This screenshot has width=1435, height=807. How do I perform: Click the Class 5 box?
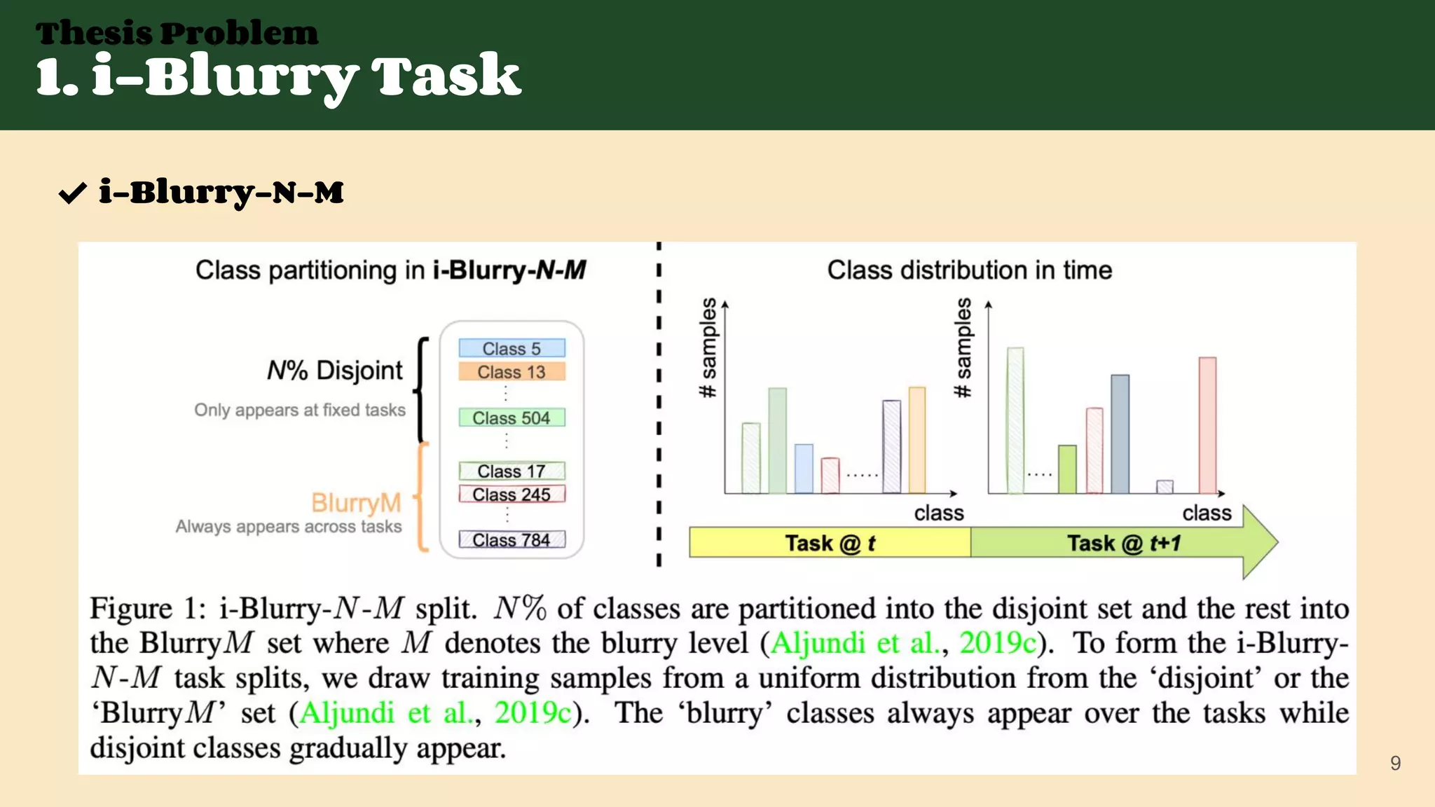(511, 348)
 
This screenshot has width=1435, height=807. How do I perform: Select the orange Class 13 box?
(511, 372)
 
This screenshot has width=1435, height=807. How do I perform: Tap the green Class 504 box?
(511, 418)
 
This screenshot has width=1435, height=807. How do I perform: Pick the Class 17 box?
(511, 471)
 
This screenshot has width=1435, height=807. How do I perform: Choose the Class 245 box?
(511, 495)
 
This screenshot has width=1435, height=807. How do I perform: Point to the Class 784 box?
(511, 540)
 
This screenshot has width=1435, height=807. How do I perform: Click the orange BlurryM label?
(356, 503)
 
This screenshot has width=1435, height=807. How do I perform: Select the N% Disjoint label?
(335, 370)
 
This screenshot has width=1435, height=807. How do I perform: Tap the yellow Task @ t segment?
(830, 543)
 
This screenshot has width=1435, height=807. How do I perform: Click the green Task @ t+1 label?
(1124, 543)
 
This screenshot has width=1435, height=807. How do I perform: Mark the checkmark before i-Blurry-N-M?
(73, 193)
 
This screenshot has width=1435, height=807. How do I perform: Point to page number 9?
(1395, 763)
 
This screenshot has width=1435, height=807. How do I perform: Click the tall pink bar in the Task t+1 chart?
(1207, 426)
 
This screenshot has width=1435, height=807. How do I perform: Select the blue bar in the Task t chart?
(804, 469)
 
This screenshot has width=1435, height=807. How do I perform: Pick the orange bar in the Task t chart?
(916, 440)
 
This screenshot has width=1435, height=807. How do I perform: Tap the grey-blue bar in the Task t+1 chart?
(1120, 434)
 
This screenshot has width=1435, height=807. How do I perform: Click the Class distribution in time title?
(969, 270)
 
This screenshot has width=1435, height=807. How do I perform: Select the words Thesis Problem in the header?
(177, 33)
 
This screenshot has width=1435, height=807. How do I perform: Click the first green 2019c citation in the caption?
(997, 643)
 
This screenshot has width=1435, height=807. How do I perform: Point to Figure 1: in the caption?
(148, 608)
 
